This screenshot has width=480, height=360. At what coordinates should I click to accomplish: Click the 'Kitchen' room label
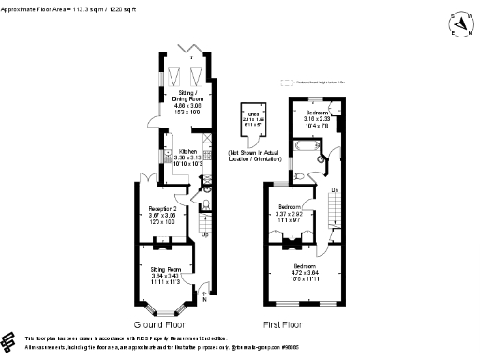click(x=187, y=155)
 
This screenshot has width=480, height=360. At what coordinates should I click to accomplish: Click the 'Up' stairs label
click(x=205, y=235)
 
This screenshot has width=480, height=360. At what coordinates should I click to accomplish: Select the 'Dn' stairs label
click(x=334, y=190)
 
